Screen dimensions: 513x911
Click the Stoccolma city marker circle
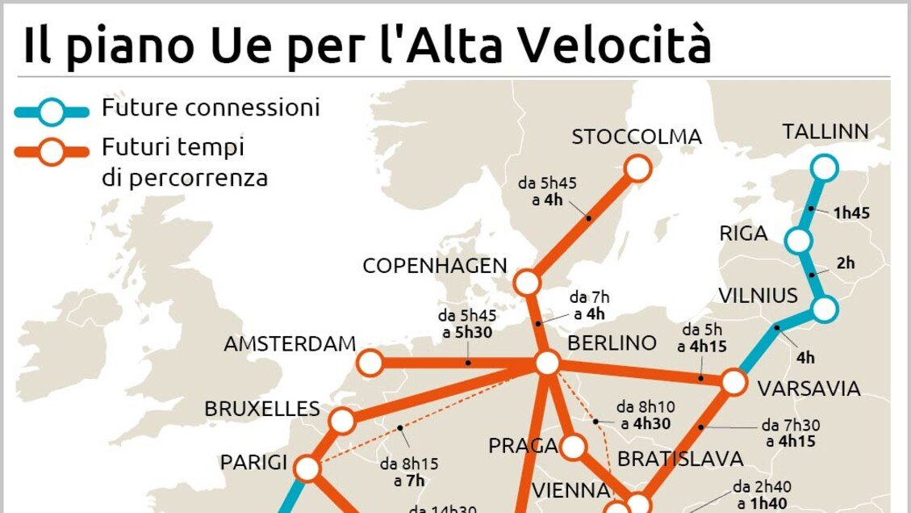637,168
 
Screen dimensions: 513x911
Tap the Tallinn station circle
825,167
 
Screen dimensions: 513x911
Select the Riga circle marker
797,240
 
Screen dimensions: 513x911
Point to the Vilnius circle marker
825,308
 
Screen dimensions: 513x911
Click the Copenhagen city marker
527,283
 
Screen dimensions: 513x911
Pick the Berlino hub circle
547,364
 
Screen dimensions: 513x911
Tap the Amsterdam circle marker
370,363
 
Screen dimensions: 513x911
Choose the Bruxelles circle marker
342,420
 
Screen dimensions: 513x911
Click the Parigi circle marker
307,468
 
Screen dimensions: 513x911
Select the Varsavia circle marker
733,381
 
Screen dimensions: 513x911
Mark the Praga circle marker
574,446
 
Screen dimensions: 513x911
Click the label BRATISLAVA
679,459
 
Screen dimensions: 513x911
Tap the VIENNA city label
570,490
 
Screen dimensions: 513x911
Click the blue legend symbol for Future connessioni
52,111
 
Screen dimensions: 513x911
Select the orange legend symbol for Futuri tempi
52,152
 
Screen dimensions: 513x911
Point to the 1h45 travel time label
851,213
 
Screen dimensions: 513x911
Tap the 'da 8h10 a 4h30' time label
643,414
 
